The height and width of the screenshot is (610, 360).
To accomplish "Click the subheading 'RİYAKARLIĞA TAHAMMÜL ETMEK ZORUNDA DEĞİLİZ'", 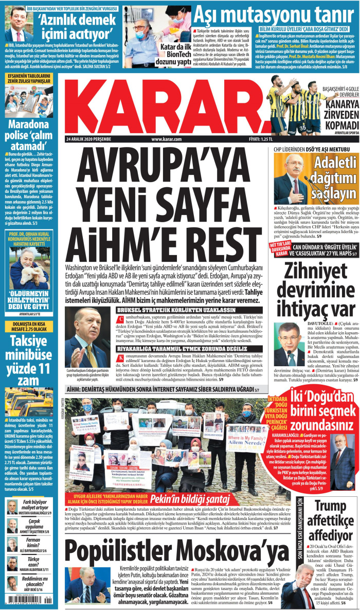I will pyautogui.click(x=169, y=348).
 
